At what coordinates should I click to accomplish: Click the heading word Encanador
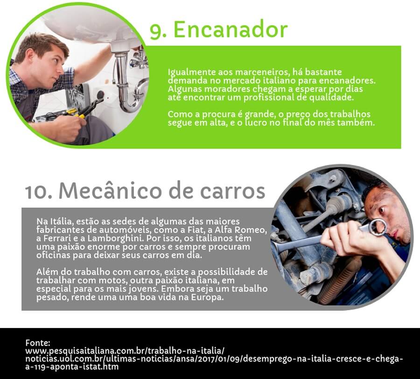coord(231,29)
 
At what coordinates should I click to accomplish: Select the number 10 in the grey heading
coord(37,192)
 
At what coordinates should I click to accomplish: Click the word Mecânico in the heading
coord(110,191)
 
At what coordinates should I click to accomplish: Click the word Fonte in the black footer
coord(37,343)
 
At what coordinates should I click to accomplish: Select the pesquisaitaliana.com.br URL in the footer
coord(125,351)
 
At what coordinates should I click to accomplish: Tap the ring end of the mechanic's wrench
coord(378,227)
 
